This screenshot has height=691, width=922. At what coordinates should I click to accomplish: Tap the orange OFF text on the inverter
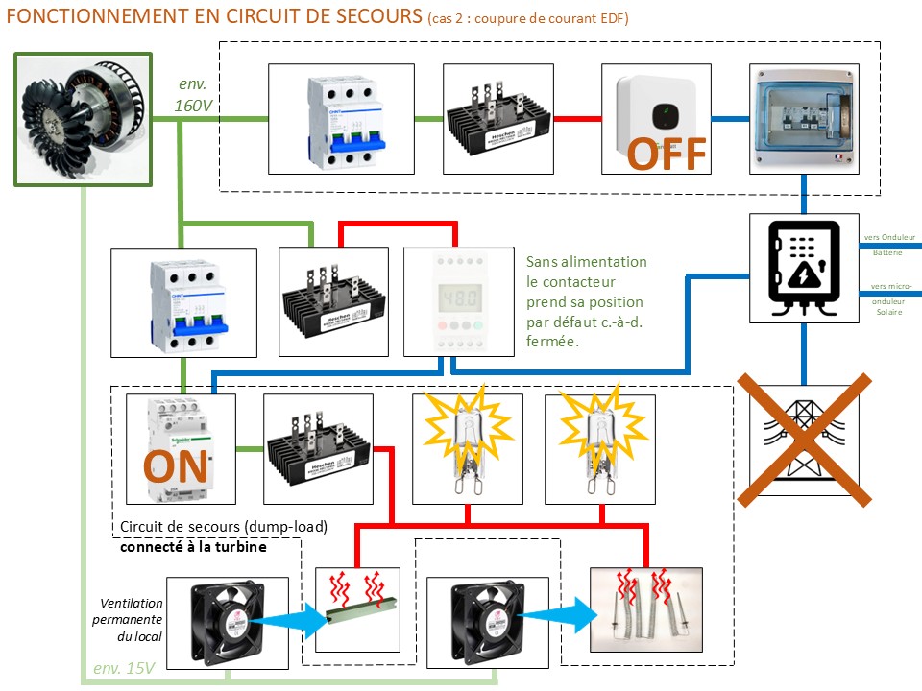coord(667,154)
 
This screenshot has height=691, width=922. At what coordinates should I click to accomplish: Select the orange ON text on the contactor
coord(178,467)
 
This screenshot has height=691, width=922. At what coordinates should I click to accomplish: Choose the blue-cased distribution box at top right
coord(803,119)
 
